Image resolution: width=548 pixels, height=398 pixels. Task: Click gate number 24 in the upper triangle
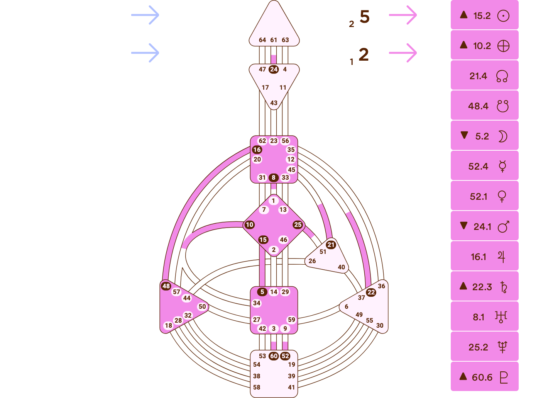tap(274, 70)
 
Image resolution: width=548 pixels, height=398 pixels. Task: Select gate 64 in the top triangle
tap(262, 40)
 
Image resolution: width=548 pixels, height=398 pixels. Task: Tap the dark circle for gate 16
tap(257, 150)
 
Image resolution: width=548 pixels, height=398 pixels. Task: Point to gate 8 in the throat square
tap(274, 178)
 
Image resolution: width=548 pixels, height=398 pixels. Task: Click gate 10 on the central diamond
tap(250, 225)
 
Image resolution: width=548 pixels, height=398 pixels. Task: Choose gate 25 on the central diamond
tap(298, 225)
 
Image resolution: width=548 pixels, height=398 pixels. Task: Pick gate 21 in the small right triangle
tap(331, 245)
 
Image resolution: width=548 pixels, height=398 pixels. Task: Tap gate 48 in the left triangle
tap(166, 286)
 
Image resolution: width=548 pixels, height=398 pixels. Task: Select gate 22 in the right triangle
tap(371, 292)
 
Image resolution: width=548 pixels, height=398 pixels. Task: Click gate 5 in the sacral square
tap(262, 292)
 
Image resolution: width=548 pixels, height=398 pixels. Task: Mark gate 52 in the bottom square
tap(285, 356)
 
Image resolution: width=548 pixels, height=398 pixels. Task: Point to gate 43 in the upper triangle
tap(274, 103)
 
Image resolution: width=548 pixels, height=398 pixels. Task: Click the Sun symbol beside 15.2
tap(503, 16)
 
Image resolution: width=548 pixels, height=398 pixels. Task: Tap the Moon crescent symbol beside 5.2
tap(502, 136)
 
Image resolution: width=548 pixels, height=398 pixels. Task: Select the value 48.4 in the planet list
tap(478, 106)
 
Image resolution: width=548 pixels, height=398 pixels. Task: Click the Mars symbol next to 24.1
tap(503, 227)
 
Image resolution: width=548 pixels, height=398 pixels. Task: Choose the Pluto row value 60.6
tap(482, 378)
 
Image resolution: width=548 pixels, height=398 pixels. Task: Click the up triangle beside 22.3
tap(463, 286)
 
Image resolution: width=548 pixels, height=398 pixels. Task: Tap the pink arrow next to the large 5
tap(403, 15)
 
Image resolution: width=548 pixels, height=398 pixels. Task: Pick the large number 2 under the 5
tap(364, 54)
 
